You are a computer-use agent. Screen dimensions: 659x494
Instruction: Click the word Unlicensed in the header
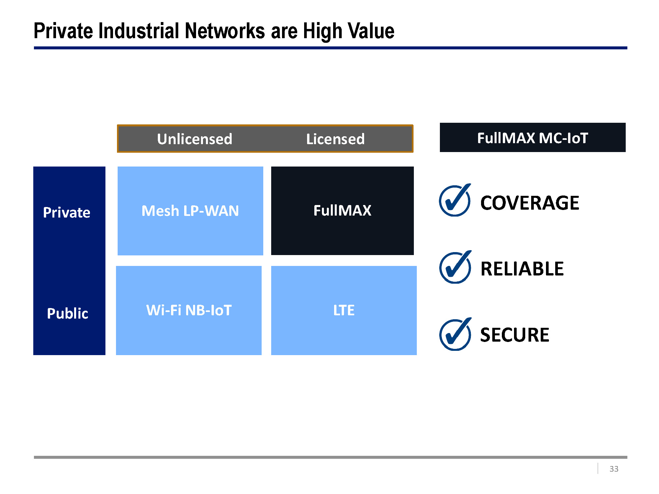(x=195, y=139)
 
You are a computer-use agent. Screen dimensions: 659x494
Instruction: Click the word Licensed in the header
(x=335, y=139)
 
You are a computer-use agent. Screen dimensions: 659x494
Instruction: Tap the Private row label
(x=67, y=213)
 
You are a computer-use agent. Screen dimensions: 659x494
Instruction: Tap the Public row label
(x=68, y=313)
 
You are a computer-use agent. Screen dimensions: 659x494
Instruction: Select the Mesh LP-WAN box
(x=190, y=211)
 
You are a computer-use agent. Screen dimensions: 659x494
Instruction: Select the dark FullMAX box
(x=342, y=211)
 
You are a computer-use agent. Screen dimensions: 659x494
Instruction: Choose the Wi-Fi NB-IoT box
(x=189, y=310)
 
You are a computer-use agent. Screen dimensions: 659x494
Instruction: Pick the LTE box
(x=344, y=310)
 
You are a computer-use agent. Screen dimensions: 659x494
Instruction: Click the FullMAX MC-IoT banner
(x=533, y=138)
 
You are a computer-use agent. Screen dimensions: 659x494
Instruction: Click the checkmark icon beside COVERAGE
(x=455, y=200)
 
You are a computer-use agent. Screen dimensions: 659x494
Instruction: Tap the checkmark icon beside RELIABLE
(x=455, y=267)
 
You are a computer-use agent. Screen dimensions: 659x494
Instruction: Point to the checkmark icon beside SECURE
(x=455, y=334)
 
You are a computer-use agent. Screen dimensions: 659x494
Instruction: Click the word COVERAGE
(x=530, y=203)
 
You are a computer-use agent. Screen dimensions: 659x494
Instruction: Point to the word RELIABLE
(x=522, y=269)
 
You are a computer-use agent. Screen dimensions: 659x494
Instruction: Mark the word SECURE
(x=515, y=335)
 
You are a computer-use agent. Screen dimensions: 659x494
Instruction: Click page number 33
(x=614, y=469)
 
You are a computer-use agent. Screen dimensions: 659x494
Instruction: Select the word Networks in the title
(x=225, y=31)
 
